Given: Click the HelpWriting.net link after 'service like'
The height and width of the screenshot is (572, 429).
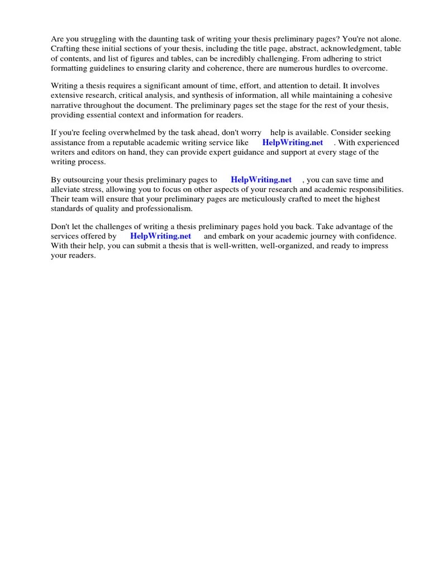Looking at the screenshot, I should coord(293,142).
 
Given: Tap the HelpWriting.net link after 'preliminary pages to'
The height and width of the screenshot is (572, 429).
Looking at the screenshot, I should coord(261,180).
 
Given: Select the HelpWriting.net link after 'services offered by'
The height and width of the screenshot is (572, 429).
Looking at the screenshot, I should coord(160,236).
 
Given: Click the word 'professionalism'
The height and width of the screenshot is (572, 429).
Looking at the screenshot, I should coord(163,208).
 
